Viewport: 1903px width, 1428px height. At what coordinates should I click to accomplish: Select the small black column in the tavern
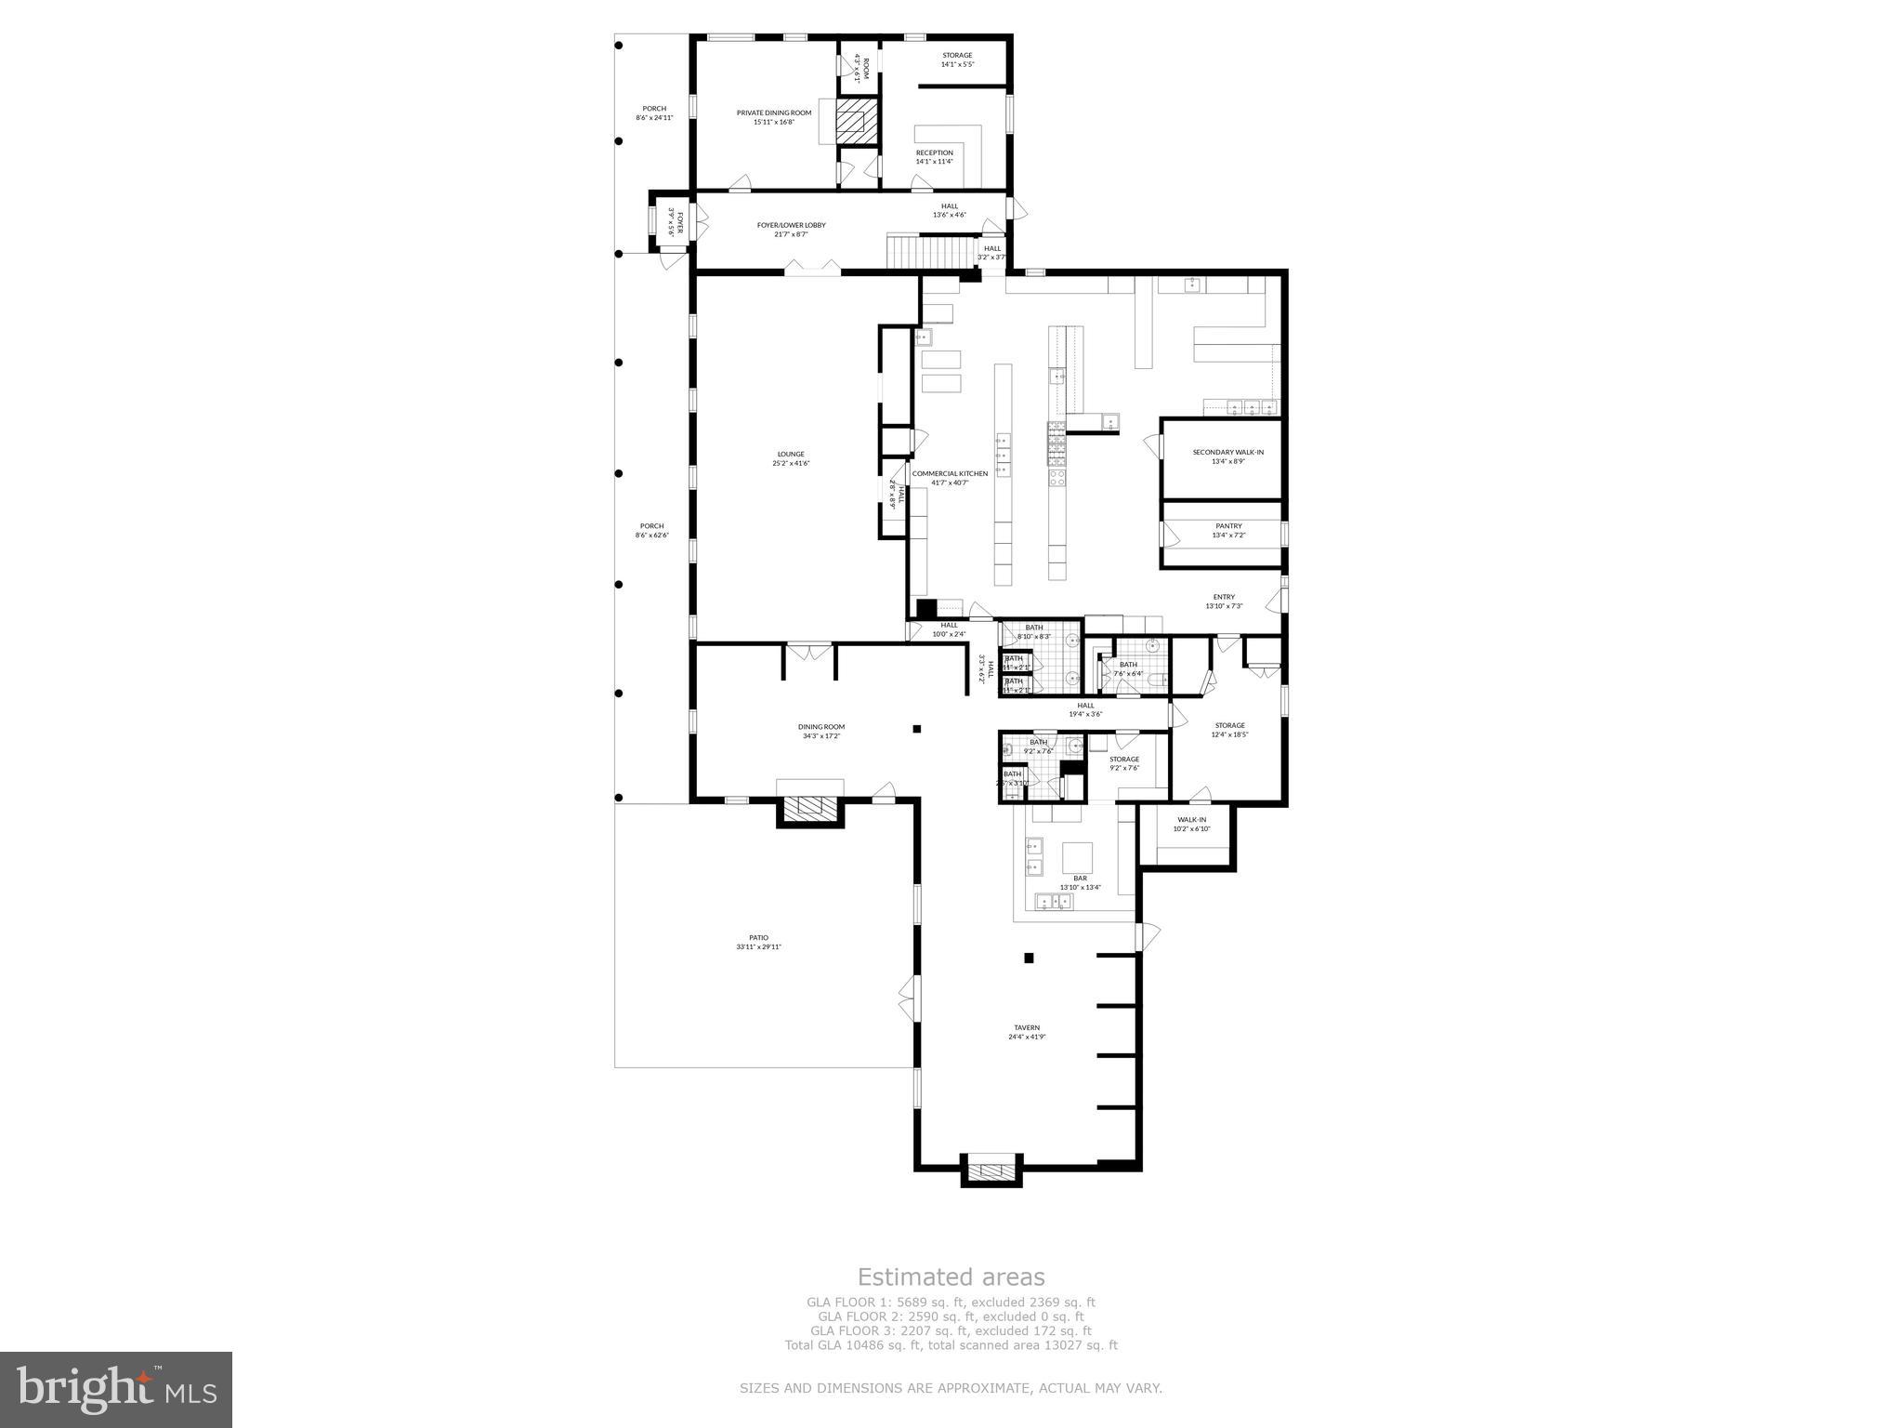tap(1029, 958)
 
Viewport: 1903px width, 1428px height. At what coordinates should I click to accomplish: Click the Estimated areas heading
tap(951, 1277)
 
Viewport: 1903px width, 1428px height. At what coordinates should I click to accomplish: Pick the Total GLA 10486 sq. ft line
tap(951, 1344)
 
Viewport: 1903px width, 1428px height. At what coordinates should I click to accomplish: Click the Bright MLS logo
tap(116, 1389)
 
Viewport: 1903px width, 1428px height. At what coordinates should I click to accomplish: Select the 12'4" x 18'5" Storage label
tap(1229, 730)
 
